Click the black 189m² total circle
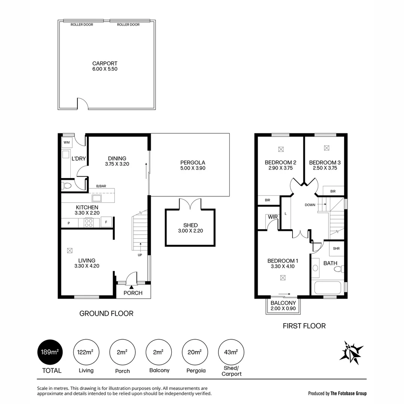pos(50,352)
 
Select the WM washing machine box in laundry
pos(67,143)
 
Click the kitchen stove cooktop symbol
pos(89,223)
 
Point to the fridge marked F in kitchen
pos(106,222)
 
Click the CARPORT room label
pos(105,64)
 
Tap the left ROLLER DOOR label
pos(82,25)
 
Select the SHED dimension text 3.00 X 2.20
pos(190,231)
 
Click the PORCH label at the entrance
pos(133,293)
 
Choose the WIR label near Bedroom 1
pos(272,217)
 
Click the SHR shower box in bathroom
pos(336,248)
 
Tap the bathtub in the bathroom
pos(328,288)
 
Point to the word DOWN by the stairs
pos(310,205)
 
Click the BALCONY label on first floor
pos(283,303)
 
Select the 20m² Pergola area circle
pos(195,352)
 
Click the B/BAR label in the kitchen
pos(101,186)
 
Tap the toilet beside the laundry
pos(67,186)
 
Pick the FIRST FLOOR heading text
pos(304,326)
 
